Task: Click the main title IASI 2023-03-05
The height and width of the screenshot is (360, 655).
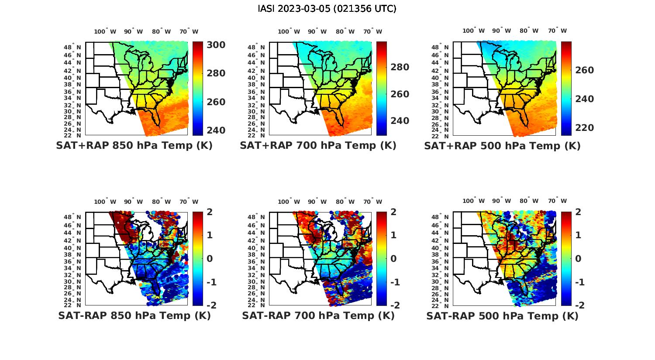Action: click(x=327, y=9)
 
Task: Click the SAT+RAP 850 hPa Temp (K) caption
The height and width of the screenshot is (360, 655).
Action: click(x=134, y=146)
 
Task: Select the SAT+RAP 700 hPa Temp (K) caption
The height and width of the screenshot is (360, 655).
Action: click(x=318, y=146)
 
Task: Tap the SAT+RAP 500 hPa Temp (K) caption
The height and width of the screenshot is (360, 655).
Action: click(x=502, y=146)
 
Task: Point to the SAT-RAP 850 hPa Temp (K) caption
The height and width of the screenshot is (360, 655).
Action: click(x=134, y=315)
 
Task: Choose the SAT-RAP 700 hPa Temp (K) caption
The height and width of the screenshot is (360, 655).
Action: click(x=318, y=315)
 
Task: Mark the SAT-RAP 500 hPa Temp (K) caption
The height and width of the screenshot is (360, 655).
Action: click(x=502, y=315)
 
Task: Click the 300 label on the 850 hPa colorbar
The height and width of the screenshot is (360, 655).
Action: click(x=215, y=45)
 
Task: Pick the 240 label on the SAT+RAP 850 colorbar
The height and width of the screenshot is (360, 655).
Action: click(x=215, y=130)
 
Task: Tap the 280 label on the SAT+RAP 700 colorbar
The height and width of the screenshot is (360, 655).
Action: click(x=399, y=67)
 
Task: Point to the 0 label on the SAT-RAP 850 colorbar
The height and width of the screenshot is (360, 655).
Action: click(x=209, y=258)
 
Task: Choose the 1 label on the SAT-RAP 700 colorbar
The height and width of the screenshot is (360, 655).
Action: click(x=393, y=235)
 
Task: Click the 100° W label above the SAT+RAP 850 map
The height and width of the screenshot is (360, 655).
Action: click(x=105, y=31)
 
